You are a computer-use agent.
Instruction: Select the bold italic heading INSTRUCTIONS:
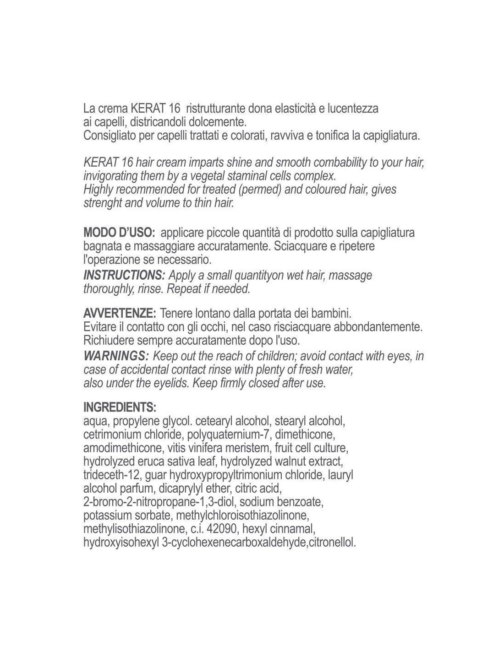click(124, 275)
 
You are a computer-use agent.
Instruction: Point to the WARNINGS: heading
click(116, 356)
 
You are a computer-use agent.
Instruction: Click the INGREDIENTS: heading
click(120, 407)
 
